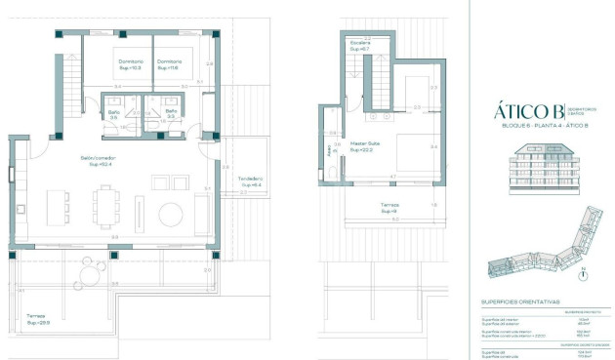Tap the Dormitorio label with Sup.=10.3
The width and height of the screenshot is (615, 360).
click(x=130, y=65)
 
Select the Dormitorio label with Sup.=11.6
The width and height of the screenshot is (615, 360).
click(x=170, y=65)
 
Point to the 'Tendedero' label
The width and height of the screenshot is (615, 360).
click(x=252, y=181)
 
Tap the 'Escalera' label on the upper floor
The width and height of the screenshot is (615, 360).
click(x=360, y=46)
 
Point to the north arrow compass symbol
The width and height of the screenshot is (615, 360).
click(x=582, y=274)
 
